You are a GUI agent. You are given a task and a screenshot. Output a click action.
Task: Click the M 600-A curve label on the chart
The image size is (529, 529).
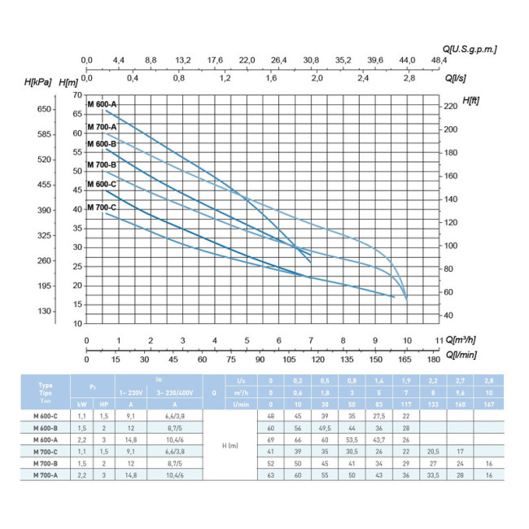(103, 104)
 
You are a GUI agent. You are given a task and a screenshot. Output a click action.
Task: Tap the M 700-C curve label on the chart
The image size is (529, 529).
(103, 207)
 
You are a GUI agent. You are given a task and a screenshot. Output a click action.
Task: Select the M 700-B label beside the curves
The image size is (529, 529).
(103, 165)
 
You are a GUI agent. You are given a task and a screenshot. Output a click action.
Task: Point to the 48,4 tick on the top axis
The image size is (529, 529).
(439, 59)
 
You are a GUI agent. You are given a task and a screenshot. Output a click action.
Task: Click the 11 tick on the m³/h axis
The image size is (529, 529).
(439, 340)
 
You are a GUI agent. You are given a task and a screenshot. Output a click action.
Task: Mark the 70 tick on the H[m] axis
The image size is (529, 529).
(77, 96)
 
